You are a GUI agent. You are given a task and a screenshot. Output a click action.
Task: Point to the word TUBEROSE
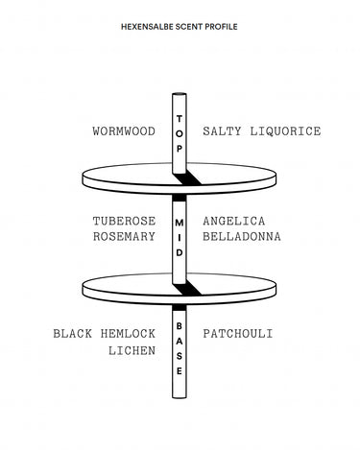pos(124,221)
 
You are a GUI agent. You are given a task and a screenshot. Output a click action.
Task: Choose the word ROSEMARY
pos(124,237)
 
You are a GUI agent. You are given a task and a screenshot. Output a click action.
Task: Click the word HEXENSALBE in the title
pos(144,27)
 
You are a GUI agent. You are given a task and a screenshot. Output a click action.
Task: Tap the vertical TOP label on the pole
pos(180,133)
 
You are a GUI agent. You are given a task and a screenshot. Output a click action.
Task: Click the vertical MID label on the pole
pos(180,235)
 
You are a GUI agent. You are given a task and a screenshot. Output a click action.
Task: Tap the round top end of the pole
pos(180,95)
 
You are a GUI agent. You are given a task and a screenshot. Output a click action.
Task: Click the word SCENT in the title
pos(186,27)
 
